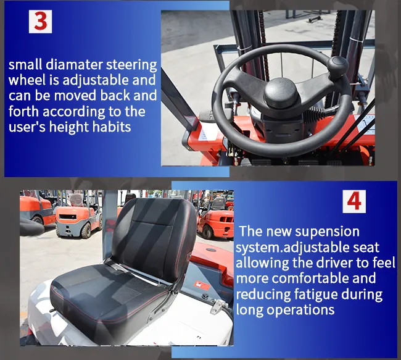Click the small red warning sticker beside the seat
(x=200, y=283)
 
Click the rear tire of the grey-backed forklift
(x=87, y=228)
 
